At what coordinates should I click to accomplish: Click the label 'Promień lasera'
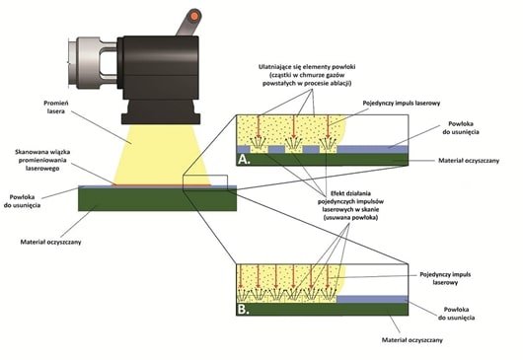pyautogui.click(x=61, y=108)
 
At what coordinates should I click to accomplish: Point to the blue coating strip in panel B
pyautogui.click(x=371, y=298)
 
